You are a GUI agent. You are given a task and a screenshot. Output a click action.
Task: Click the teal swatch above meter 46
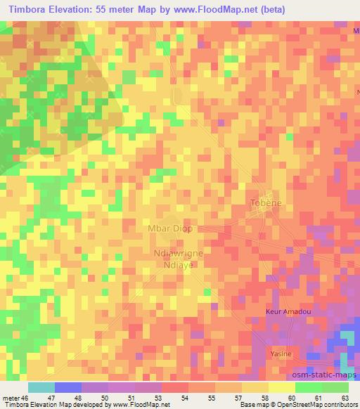(x=41, y=387)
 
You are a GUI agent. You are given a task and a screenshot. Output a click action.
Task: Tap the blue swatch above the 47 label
(x=68, y=387)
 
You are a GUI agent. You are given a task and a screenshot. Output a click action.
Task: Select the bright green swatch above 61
(x=309, y=387)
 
